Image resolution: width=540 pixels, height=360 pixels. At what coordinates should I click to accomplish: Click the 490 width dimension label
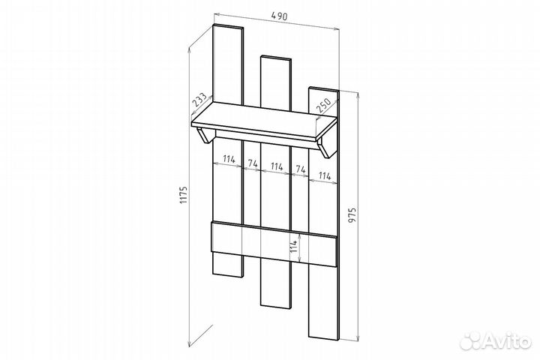[279, 16]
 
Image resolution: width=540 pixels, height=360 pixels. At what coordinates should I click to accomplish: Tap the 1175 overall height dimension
[184, 195]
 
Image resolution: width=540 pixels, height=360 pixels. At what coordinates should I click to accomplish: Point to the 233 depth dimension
[199, 100]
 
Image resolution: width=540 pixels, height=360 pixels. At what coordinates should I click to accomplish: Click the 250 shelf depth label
[323, 106]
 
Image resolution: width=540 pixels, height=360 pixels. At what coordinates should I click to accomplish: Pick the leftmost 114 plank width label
[229, 159]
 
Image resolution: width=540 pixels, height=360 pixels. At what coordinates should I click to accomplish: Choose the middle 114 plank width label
[277, 166]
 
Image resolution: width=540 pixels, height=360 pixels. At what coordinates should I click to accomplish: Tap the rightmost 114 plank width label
[325, 175]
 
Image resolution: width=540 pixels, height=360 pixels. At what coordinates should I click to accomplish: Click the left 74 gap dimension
[253, 163]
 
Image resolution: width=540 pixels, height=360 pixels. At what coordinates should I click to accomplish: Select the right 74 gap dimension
[301, 169]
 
